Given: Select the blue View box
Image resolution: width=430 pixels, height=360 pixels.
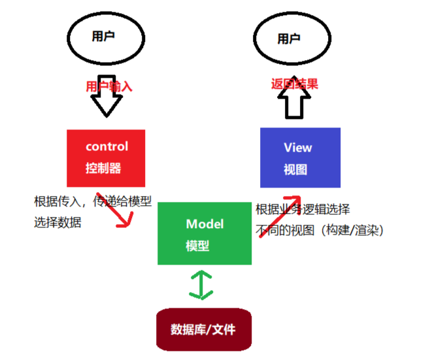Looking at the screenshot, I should pos(300,157).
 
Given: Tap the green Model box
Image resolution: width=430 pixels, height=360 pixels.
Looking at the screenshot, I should pos(205,234).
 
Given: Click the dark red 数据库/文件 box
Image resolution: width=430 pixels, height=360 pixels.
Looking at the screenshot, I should pos(203,329).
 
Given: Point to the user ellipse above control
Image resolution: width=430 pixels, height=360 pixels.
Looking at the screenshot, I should pos(104,37).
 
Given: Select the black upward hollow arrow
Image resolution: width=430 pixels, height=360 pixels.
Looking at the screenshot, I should pos(295,103).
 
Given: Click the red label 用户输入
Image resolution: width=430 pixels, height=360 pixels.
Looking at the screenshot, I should pos(109,86).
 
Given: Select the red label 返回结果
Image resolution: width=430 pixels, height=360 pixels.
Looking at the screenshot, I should pos(295,84).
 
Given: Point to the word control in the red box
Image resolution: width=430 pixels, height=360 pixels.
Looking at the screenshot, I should pos(107,146).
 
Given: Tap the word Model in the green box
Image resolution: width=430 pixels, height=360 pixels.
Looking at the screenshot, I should pos(205,224).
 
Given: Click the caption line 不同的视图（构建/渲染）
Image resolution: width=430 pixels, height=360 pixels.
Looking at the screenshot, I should pos(319,230).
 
